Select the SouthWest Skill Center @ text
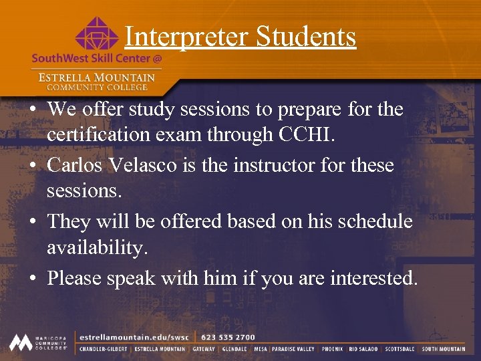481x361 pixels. point(96,58)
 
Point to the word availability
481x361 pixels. point(96,249)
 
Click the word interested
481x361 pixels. point(373,277)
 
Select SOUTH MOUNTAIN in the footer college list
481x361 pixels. point(444,349)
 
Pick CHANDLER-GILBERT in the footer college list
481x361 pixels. point(104,349)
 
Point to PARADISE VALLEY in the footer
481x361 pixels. point(293,349)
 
